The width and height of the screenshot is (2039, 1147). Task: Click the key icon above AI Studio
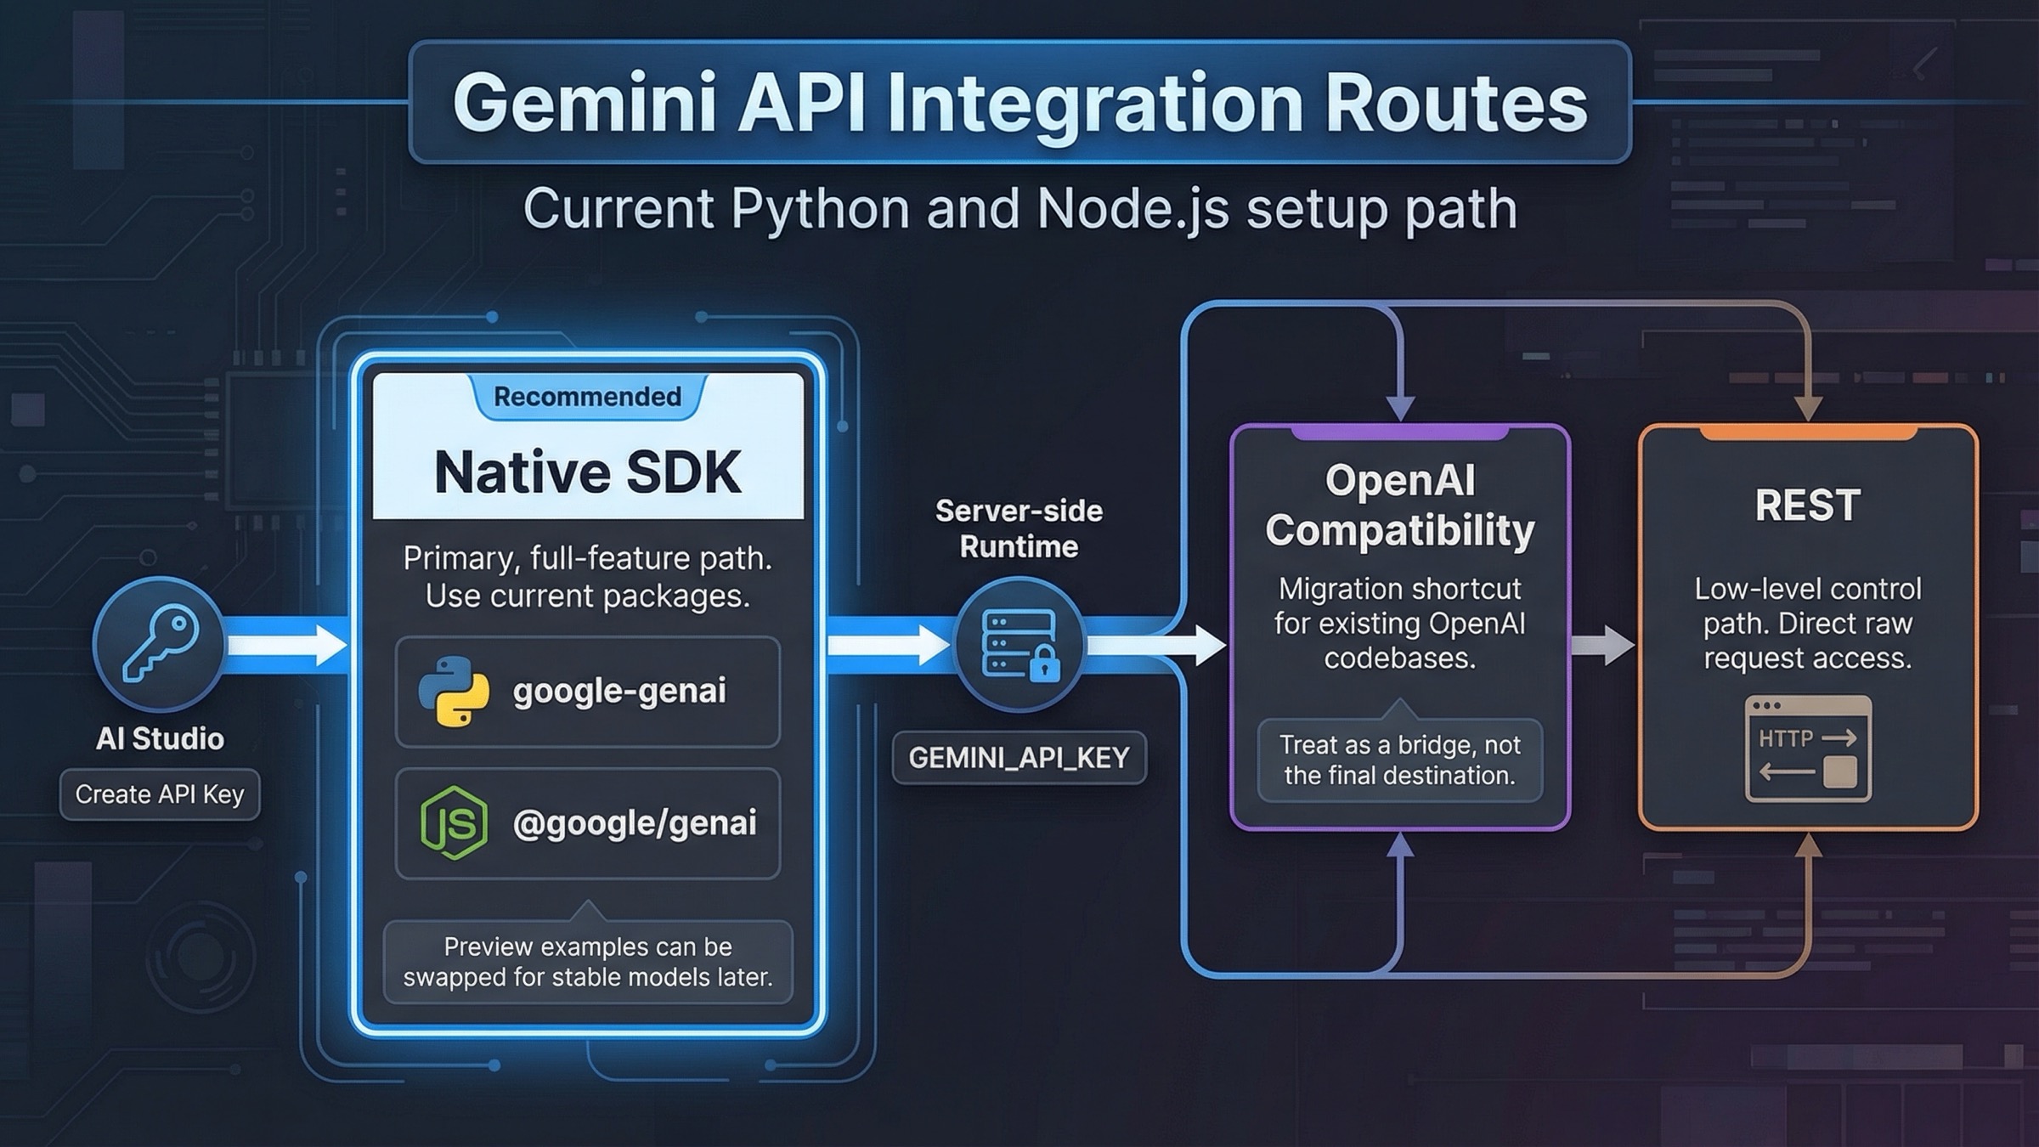coord(159,643)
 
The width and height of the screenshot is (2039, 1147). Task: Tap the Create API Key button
coord(160,794)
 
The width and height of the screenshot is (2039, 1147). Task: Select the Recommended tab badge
coord(587,397)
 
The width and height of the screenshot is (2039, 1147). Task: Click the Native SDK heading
coord(587,472)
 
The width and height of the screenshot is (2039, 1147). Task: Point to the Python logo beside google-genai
coord(454,691)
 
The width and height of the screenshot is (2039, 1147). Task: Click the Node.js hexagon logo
coord(454,822)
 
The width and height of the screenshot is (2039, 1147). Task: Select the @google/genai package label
coord(634,822)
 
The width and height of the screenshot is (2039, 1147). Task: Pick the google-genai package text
coord(619,691)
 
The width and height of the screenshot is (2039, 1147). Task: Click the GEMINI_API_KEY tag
coord(1019,757)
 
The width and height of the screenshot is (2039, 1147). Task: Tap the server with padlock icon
coord(1019,645)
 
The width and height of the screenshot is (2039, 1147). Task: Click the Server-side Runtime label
coord(1019,528)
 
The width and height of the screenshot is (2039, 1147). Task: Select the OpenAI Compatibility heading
coord(1399,505)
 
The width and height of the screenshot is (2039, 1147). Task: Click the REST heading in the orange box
coord(1807,505)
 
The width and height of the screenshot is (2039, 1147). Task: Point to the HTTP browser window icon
coord(1807,749)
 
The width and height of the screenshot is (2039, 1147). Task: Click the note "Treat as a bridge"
coord(1399,760)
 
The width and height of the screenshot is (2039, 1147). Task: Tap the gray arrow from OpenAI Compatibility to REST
coord(1601,644)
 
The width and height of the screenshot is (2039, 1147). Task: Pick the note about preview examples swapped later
coord(587,962)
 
